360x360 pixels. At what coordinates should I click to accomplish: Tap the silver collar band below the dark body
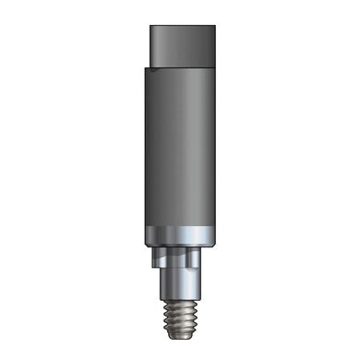pos(179,235)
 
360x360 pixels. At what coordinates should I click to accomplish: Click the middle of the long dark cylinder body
pos(179,148)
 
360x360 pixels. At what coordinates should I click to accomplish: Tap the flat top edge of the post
pos(183,27)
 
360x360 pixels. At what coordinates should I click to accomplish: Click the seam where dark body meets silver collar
pos(179,225)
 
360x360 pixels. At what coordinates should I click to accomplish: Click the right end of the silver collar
pos(214,235)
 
